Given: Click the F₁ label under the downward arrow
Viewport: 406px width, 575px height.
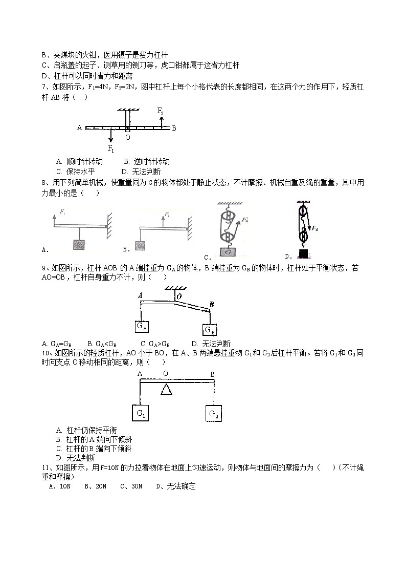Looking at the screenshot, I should [x=110, y=148].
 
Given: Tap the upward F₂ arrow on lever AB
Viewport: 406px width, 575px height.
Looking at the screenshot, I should [x=162, y=121].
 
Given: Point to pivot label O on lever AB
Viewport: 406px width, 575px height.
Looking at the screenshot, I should [x=127, y=138].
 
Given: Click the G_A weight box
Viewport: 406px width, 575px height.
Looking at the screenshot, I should [x=142, y=326].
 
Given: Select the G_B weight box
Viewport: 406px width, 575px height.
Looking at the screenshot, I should [x=210, y=330].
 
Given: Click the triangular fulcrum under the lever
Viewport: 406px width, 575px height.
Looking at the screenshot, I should [x=166, y=390].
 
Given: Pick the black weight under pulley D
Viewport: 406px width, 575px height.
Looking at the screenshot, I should [x=304, y=253].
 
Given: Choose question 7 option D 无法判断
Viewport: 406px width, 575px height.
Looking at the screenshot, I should [x=141, y=172].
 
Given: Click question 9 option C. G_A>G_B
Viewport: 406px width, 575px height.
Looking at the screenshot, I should [x=155, y=344].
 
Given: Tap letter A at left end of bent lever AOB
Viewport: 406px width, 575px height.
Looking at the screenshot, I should [x=140, y=295].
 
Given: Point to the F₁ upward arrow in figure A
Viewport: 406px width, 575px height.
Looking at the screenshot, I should [x=54, y=219].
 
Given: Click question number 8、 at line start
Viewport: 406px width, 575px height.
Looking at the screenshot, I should [x=44, y=183].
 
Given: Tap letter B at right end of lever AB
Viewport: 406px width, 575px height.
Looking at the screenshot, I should [x=174, y=128].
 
